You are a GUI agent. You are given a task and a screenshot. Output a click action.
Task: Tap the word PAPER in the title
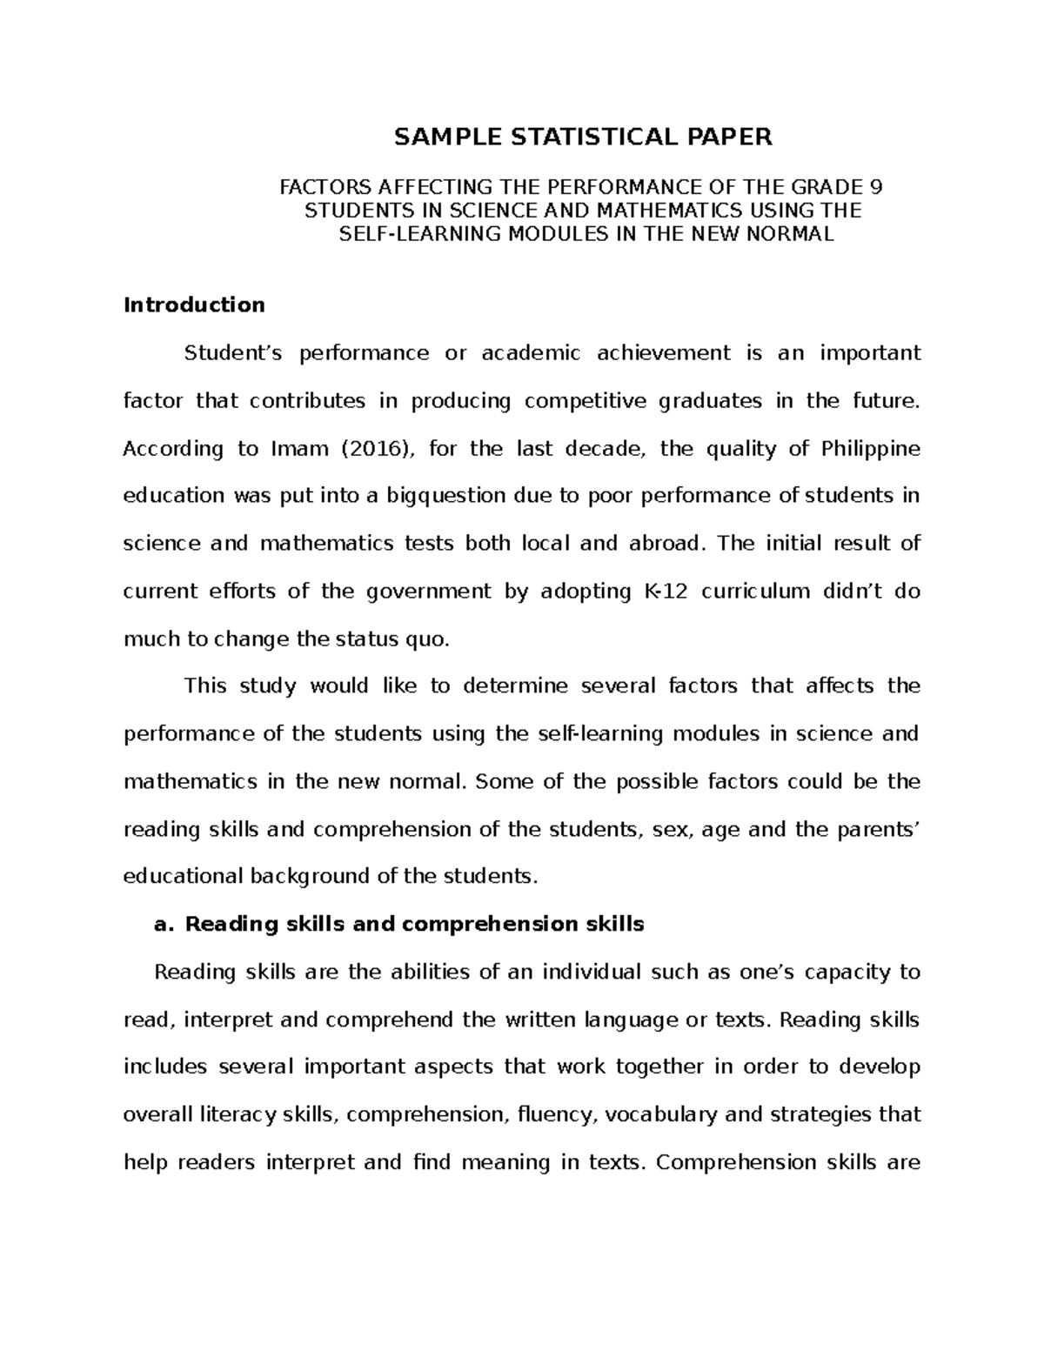(x=730, y=137)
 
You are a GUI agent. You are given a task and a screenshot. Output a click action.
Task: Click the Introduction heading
(x=194, y=304)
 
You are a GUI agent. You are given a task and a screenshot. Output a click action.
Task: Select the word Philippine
(x=870, y=449)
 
